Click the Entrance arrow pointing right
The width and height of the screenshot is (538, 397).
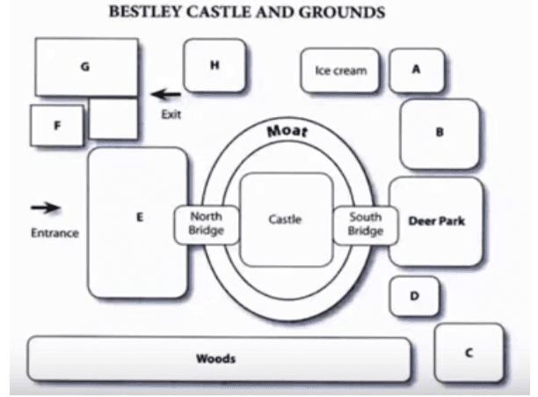tap(46, 208)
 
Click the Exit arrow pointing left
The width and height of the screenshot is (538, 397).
tap(166, 94)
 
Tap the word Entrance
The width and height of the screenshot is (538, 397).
tap(55, 233)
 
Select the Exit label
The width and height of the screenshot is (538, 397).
tap(171, 114)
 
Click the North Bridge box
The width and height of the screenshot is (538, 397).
tap(207, 224)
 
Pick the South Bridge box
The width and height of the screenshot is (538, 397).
tap(366, 225)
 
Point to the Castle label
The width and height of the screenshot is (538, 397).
tap(285, 219)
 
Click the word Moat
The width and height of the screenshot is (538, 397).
tap(287, 131)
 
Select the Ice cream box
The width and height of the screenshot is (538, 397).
tap(340, 70)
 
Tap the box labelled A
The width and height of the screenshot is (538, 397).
tap(417, 70)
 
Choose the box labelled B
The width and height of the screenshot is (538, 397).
tap(440, 134)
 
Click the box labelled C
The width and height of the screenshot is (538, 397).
tap(469, 353)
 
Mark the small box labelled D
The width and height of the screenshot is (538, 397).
tap(414, 296)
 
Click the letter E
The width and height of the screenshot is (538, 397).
tap(140, 217)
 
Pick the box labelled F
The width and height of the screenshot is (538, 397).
tap(57, 125)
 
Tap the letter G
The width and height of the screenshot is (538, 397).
tap(84, 66)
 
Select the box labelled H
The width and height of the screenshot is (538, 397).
tap(214, 65)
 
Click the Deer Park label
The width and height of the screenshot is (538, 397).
tap(436, 221)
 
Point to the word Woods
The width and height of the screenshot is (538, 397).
tap(216, 358)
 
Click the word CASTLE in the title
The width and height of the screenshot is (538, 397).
tap(219, 12)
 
